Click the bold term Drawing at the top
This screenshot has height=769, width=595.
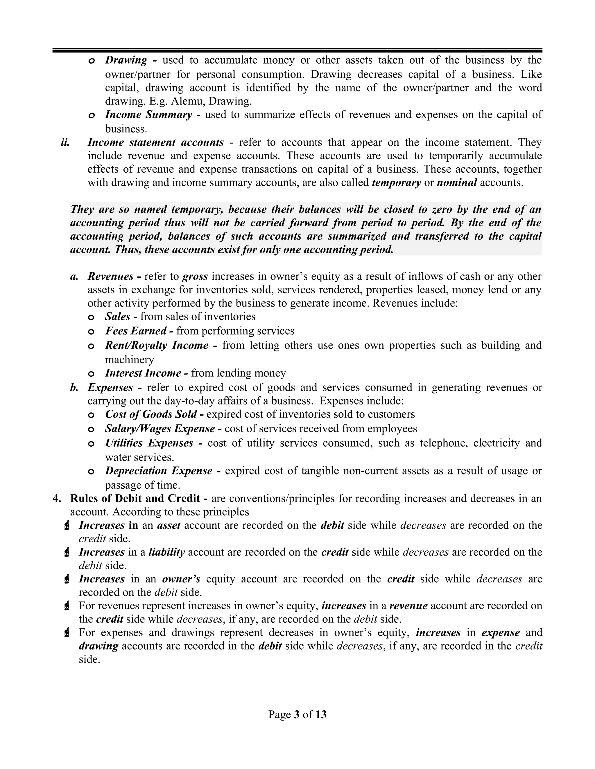(x=126, y=60)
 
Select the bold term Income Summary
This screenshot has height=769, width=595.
(x=148, y=115)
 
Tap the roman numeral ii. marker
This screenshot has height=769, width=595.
(x=65, y=142)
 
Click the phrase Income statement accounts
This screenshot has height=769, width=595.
(x=155, y=142)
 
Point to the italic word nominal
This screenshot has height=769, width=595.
(x=457, y=183)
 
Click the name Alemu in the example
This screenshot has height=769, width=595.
(x=188, y=101)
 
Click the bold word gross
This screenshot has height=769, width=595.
(x=195, y=276)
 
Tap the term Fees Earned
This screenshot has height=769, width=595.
(x=136, y=331)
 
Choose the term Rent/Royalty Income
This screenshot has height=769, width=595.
(x=157, y=345)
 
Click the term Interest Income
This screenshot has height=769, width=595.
(x=143, y=373)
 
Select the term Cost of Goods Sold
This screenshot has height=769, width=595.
(x=151, y=414)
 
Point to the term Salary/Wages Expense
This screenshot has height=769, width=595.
(x=160, y=429)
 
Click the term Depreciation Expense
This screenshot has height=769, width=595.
(x=159, y=471)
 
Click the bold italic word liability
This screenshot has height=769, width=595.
(x=167, y=552)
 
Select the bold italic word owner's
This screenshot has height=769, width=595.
(x=181, y=579)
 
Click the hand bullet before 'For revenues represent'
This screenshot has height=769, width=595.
(x=67, y=606)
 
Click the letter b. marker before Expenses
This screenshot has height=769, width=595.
(x=74, y=388)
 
